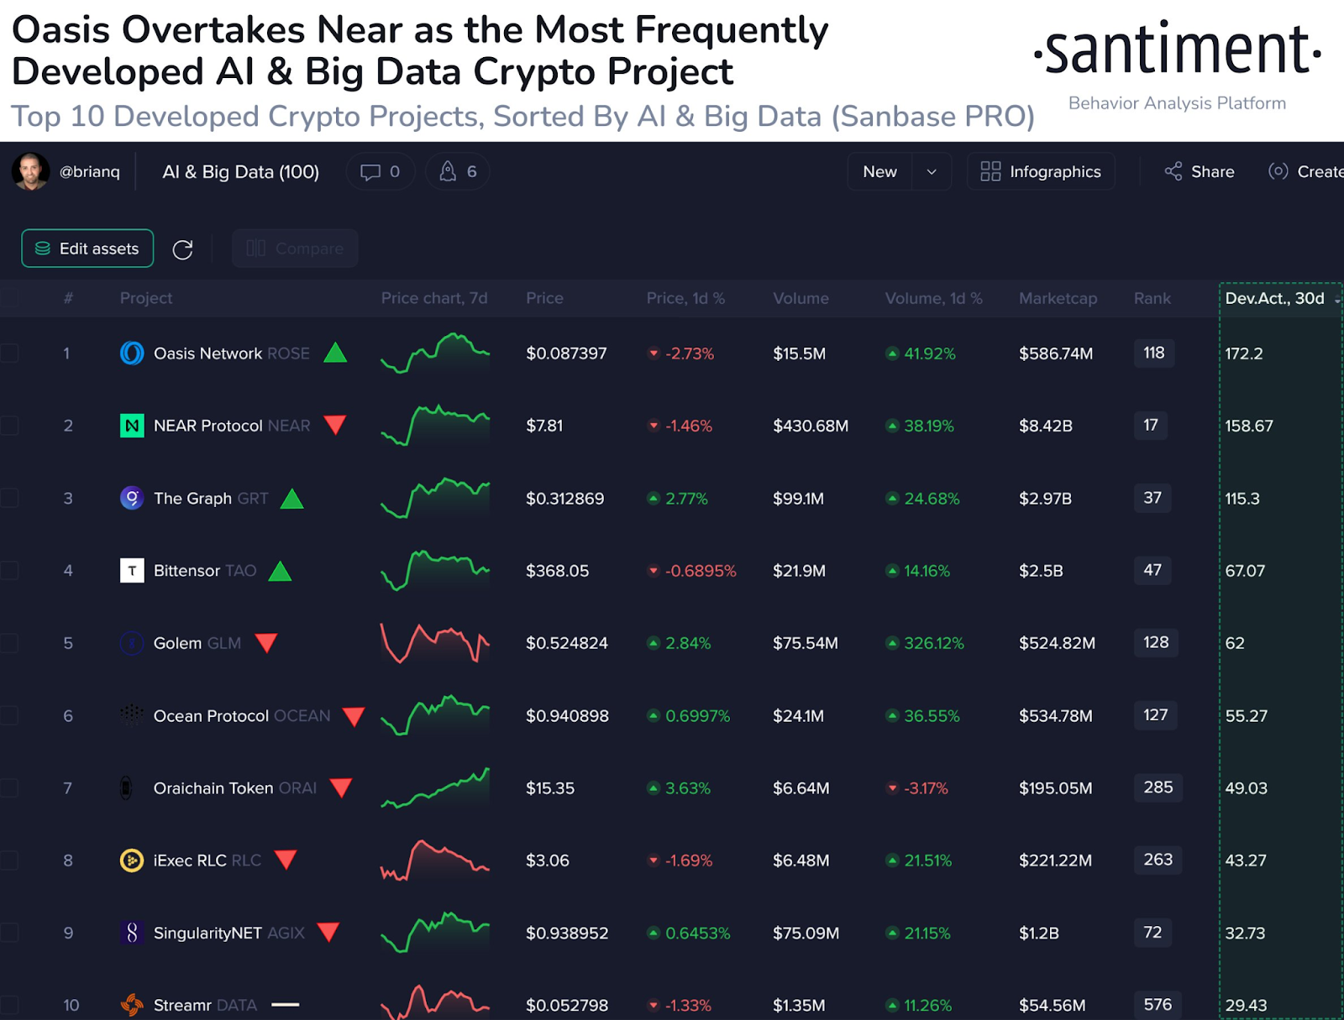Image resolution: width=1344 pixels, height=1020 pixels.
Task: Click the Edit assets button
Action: (87, 248)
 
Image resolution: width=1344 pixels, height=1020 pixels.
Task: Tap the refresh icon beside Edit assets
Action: (182, 249)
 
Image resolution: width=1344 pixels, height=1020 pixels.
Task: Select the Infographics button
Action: (1041, 171)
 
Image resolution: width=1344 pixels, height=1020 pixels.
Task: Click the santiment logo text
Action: (1177, 50)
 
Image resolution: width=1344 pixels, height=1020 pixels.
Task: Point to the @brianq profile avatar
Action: (31, 171)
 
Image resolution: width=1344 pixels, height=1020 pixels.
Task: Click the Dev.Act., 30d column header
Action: (1274, 298)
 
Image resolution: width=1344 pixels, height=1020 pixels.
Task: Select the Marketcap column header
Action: (1058, 298)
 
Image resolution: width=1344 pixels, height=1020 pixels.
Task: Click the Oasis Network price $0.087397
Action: (566, 353)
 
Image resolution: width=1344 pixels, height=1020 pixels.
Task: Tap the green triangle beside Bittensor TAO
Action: (280, 572)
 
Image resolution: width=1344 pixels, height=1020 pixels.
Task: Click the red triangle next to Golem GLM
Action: (266, 643)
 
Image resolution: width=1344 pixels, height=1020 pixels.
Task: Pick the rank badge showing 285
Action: (1158, 787)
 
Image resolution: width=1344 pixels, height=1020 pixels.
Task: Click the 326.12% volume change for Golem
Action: (933, 643)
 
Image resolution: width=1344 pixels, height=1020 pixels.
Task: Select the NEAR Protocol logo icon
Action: (132, 426)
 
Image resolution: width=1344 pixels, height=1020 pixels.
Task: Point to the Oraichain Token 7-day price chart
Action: (435, 788)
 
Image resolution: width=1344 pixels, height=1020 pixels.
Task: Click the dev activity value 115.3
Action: (1242, 499)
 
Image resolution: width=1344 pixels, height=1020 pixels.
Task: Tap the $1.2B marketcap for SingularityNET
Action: (1038, 933)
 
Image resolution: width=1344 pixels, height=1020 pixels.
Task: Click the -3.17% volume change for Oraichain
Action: (925, 788)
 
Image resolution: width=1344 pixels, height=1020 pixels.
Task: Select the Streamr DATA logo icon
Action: (132, 1004)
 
